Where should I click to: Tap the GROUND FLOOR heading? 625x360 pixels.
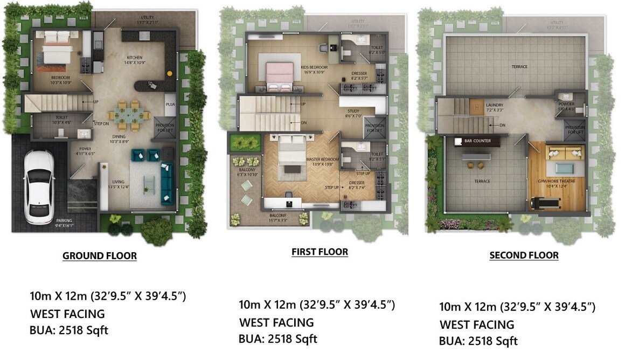coord(100,255)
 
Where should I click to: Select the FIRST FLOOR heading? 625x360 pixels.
coord(320,252)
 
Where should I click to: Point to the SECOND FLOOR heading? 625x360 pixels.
coord(524,255)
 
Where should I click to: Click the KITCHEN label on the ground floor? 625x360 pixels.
coord(135,58)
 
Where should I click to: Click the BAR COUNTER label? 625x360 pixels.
coord(476,141)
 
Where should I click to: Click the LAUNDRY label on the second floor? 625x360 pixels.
coord(494,106)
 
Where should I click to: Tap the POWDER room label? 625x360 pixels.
coord(566,104)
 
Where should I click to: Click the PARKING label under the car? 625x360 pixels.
coord(64,220)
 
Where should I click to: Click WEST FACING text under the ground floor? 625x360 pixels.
coord(67,314)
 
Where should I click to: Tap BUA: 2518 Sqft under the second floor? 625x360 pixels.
coord(478,341)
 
